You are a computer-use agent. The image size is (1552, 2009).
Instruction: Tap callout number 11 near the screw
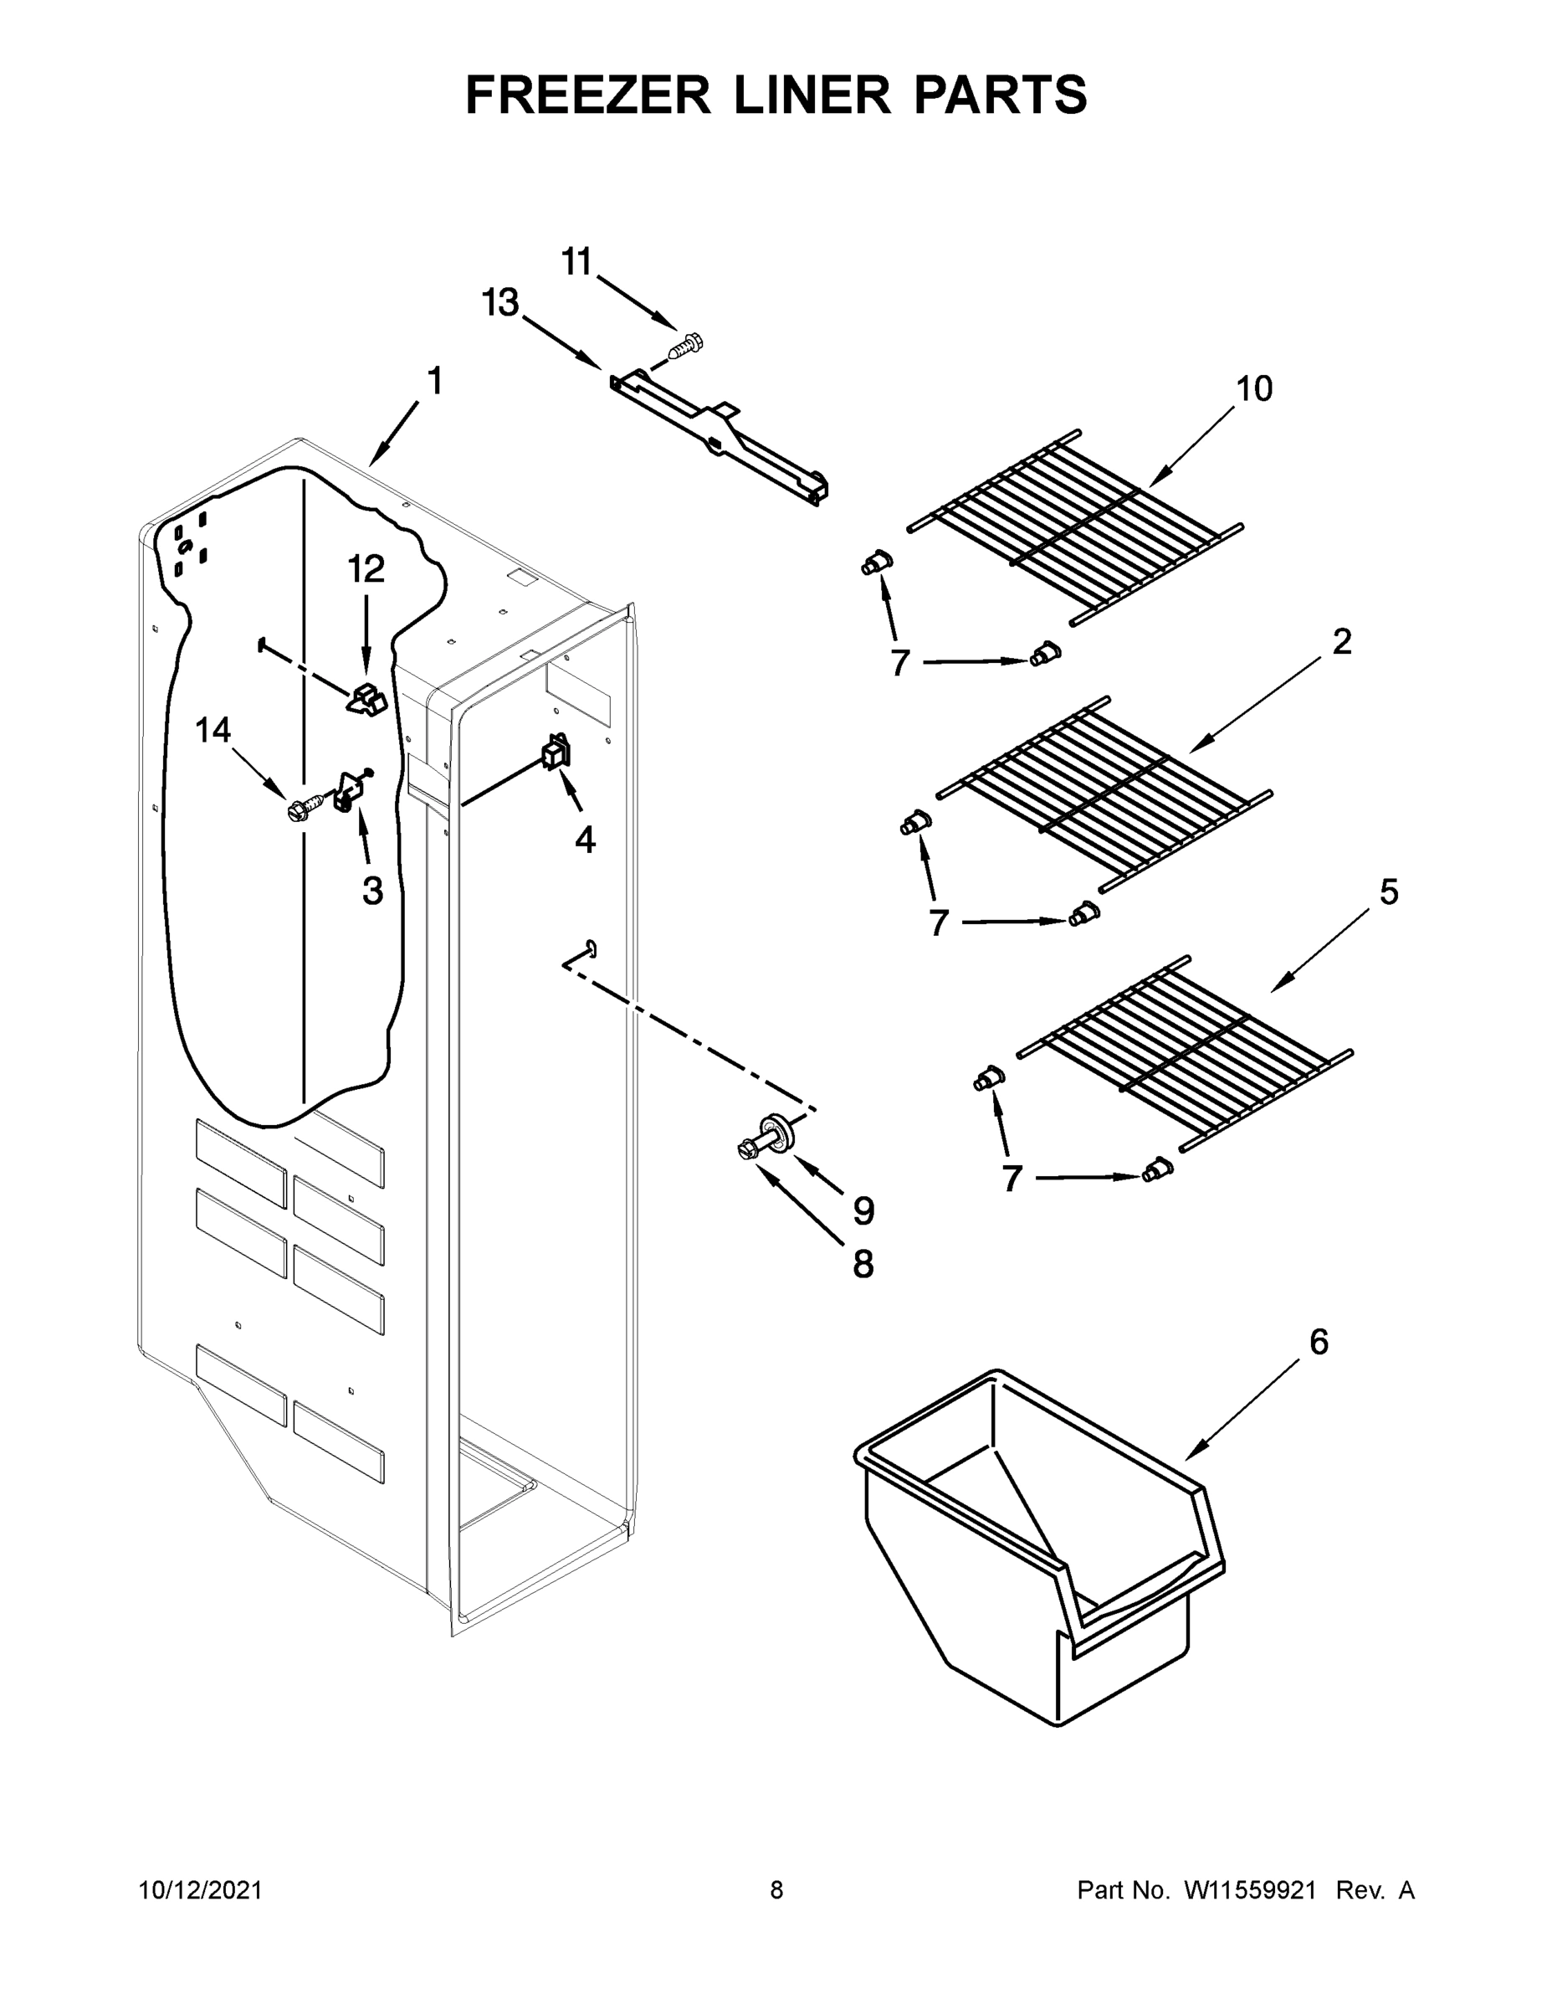point(576,262)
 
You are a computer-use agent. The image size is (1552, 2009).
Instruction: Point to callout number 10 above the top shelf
point(1254,388)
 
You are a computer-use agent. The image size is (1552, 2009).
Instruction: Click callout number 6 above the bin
point(1319,1342)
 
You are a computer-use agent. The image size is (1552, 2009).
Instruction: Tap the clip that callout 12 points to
point(366,701)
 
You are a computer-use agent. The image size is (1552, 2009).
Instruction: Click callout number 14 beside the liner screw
point(213,731)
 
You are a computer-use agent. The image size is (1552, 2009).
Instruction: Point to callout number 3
point(372,891)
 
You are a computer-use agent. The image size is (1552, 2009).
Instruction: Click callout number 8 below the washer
point(863,1265)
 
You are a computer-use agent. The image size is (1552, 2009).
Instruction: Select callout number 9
point(863,1211)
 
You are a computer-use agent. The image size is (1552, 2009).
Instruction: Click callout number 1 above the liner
point(435,381)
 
